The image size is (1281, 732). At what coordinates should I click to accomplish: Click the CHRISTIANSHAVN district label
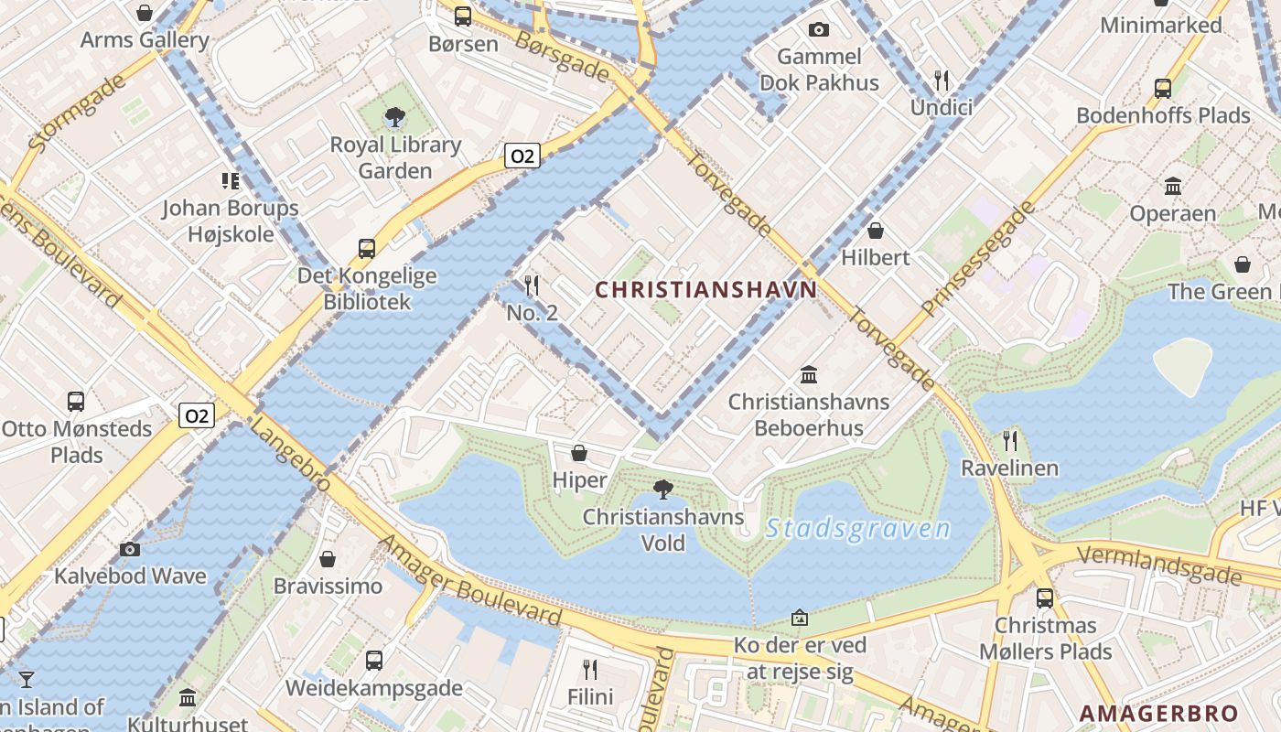point(705,290)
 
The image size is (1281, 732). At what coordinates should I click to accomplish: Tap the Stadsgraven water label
point(858,529)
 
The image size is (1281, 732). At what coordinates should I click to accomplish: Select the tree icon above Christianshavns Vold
point(663,490)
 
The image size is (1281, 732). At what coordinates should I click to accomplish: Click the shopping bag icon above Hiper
point(579,453)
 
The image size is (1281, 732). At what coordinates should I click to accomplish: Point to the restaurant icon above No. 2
point(532,285)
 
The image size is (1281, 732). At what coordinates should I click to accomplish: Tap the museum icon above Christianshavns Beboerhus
point(809,374)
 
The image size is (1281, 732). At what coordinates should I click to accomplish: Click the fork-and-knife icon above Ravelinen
point(1010,441)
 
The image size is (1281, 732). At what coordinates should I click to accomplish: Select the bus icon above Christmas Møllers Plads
point(1045,598)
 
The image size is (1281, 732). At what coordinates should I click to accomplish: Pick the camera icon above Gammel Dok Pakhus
point(819,30)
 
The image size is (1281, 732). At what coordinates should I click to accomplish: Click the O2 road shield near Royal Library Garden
point(522,156)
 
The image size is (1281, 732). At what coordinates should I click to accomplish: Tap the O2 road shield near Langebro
point(196,416)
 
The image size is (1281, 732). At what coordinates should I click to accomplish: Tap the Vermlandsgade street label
point(1160,565)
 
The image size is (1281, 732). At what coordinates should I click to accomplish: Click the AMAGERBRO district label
point(1158,714)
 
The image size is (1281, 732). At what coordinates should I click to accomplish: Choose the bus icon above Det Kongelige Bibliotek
point(367,249)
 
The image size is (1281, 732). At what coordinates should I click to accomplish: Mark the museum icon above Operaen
point(1173,187)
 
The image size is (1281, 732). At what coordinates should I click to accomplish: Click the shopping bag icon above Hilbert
point(876,231)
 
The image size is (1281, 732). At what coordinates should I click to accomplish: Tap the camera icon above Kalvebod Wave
point(130,549)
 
